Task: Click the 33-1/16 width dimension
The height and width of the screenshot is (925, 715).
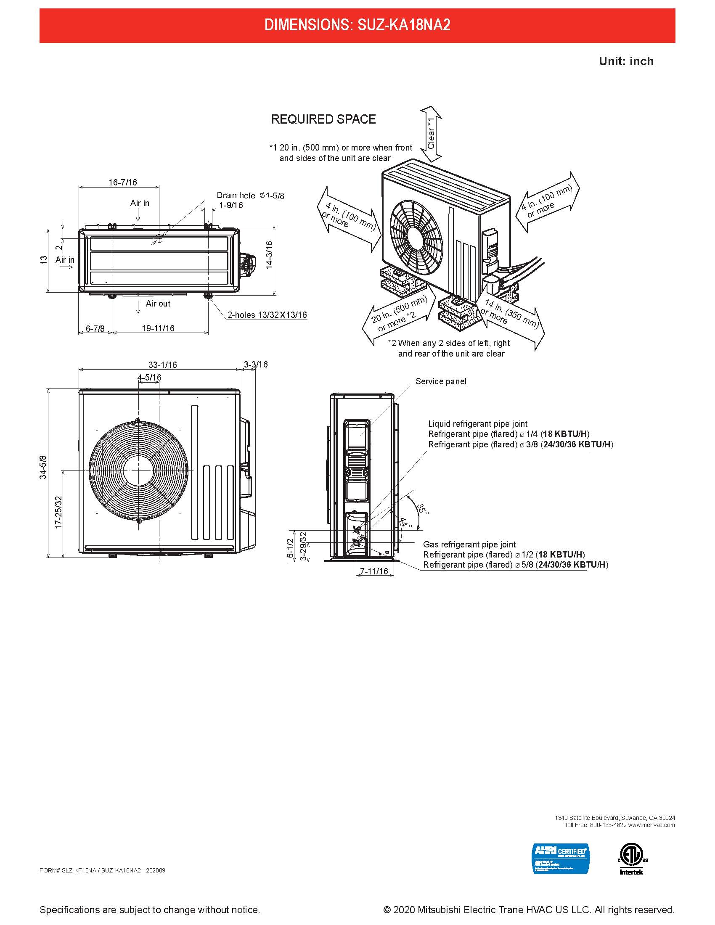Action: [163, 365]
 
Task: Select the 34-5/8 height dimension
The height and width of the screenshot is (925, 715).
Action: [43, 467]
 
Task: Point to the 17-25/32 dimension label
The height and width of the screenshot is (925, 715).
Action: [59, 512]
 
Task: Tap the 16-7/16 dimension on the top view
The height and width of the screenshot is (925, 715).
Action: [123, 182]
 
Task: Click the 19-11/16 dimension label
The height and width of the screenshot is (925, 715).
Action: [158, 328]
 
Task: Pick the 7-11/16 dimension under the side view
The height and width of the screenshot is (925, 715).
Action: [374, 571]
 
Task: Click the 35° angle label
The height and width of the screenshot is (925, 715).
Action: [423, 509]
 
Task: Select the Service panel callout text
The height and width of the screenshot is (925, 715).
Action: [440, 382]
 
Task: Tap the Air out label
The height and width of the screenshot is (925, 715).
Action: [158, 304]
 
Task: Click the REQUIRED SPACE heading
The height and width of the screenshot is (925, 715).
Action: [323, 119]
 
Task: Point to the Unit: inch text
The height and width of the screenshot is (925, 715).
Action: [626, 61]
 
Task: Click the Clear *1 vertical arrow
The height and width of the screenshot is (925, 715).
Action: [431, 134]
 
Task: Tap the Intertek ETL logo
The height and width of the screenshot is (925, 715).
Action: [631, 859]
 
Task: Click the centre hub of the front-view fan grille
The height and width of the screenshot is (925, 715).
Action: [138, 470]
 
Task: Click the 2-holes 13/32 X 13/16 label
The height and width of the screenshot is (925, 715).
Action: [267, 315]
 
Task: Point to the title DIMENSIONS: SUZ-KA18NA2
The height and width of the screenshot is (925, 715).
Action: [357, 25]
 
